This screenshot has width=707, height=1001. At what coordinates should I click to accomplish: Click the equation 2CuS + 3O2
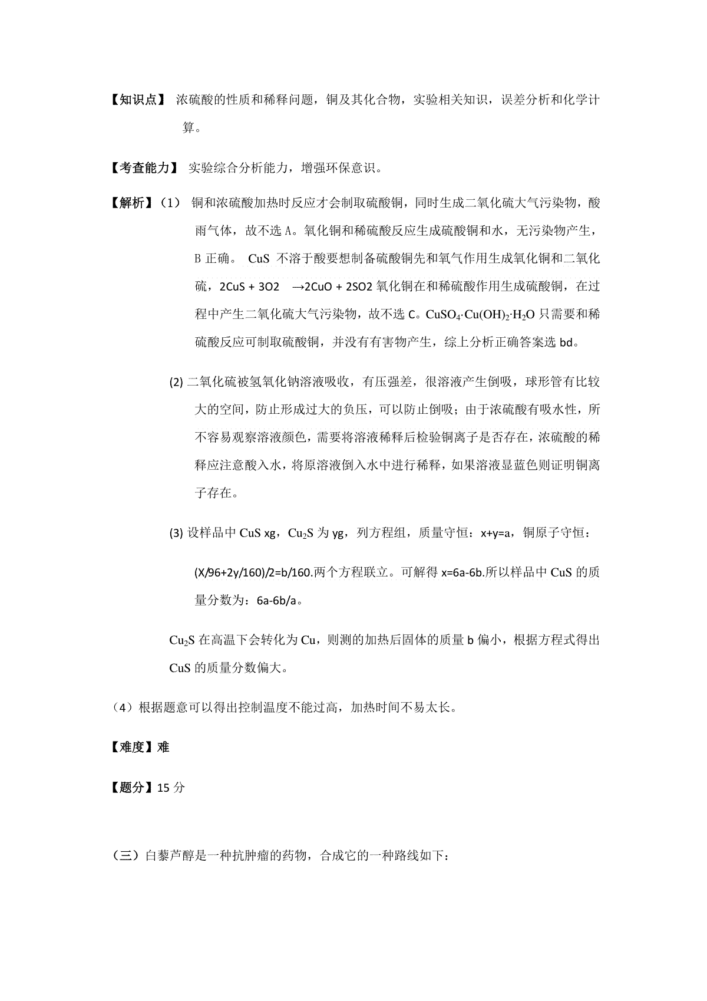(x=249, y=287)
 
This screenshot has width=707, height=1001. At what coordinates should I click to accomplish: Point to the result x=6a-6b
(x=462, y=572)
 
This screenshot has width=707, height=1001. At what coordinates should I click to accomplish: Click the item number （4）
(x=122, y=707)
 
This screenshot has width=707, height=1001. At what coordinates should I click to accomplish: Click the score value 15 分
(x=171, y=787)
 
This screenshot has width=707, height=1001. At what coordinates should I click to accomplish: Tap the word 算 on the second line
(x=189, y=127)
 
